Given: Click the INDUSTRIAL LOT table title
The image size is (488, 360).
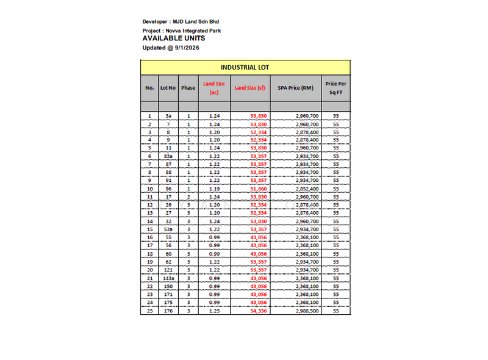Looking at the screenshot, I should click(x=245, y=67).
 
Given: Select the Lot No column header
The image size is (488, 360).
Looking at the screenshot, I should click(x=168, y=88).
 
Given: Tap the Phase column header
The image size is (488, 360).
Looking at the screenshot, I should click(x=188, y=88).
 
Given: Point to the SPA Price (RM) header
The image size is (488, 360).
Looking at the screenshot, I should click(x=296, y=88).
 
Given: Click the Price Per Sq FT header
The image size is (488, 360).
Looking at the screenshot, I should click(x=335, y=88).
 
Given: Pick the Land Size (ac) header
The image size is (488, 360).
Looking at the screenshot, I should click(x=214, y=88).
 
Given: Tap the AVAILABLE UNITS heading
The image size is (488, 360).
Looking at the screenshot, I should click(x=173, y=38).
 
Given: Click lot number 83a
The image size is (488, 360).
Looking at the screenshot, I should click(x=168, y=156).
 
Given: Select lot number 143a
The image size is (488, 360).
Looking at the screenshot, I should click(x=168, y=278).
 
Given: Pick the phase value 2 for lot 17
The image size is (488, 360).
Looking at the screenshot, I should click(x=188, y=197).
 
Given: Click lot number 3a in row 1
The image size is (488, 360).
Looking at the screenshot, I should click(x=168, y=115).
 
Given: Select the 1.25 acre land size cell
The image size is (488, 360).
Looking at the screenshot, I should click(x=214, y=311).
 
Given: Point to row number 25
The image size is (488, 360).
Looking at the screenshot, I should click(x=149, y=311).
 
